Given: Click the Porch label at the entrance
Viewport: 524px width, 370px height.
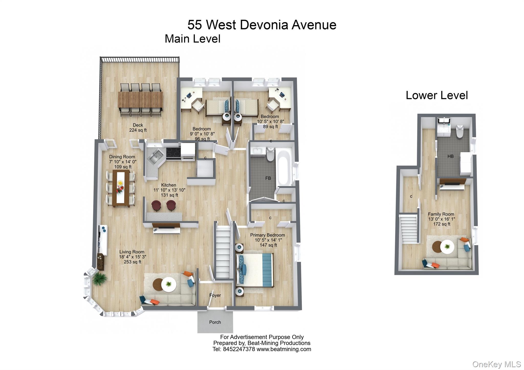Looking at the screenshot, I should [215, 322].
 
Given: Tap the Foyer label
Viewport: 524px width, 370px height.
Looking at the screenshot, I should [215, 295].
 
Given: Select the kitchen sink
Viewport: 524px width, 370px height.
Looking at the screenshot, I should [156, 157].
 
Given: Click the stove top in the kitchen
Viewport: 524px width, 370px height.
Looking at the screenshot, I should [173, 152].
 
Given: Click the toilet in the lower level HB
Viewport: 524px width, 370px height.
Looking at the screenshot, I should [460, 131].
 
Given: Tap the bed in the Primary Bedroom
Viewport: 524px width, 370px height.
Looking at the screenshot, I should [255, 270].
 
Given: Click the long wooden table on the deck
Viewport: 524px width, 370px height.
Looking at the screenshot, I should [140, 100].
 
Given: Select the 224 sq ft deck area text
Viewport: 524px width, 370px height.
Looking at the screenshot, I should [138, 130].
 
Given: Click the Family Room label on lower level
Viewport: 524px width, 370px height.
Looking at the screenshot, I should [441, 214].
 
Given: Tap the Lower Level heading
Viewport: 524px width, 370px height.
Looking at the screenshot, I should [437, 95].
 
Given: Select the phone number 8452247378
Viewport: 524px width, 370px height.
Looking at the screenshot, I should [239, 349].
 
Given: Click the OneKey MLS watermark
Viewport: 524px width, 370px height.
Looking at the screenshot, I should [496, 364].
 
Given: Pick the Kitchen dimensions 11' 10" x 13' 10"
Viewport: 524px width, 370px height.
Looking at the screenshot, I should [169, 190].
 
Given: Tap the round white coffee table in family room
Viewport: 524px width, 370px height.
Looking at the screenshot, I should [447, 247].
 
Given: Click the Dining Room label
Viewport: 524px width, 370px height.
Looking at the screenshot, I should [122, 157].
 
